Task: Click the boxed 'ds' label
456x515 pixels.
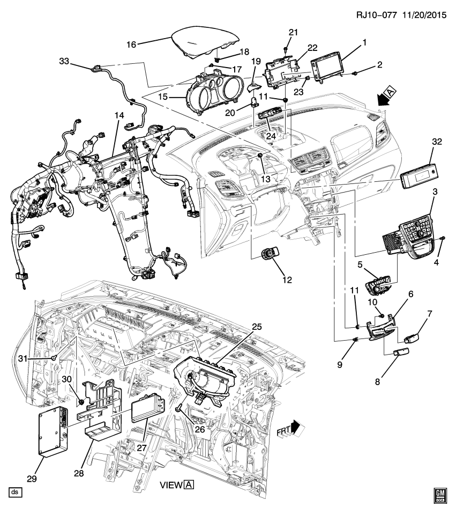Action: click(x=15, y=491)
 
